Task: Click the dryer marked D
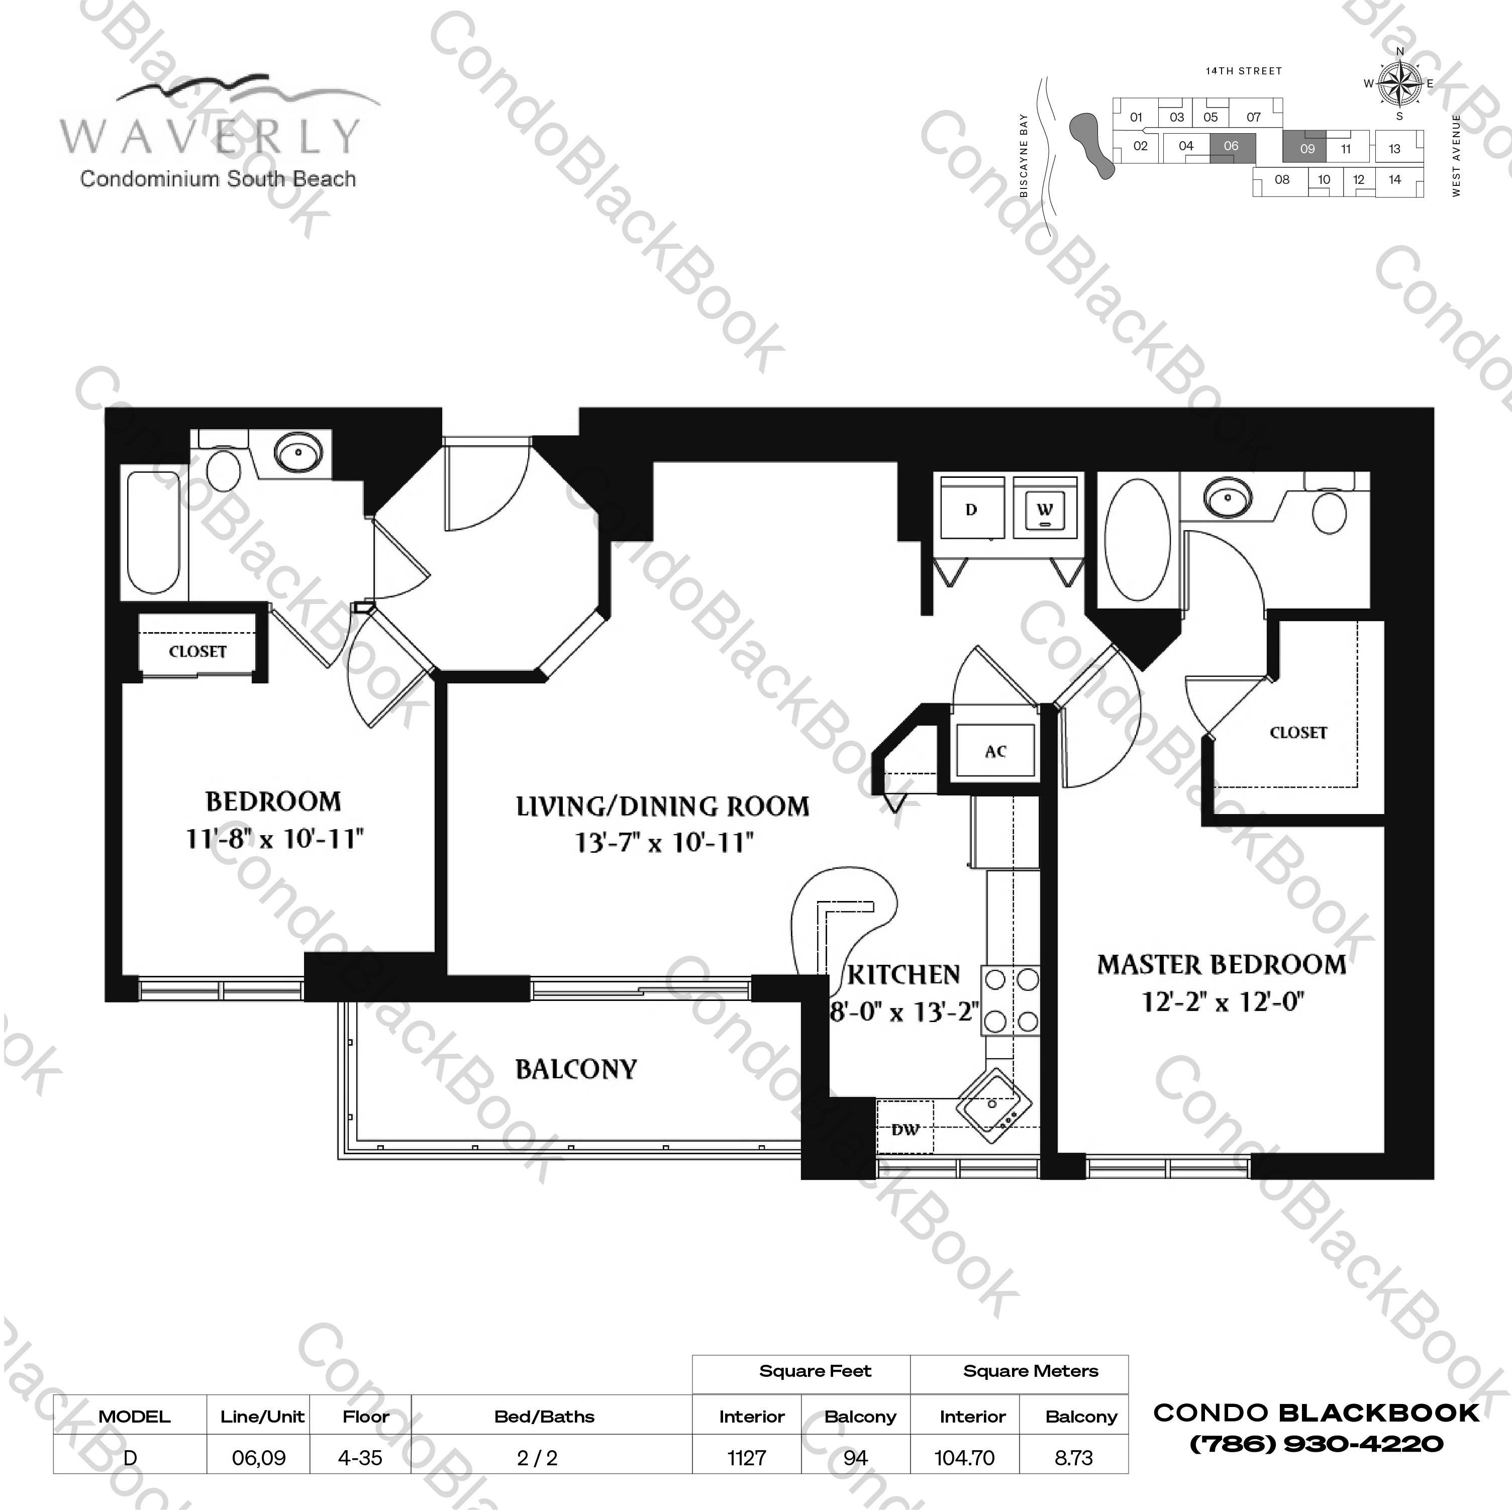[x=971, y=510]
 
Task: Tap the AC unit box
[x=995, y=751]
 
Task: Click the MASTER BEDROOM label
[x=1221, y=964]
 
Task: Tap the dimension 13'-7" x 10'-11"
[x=664, y=843]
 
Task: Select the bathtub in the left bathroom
[x=154, y=532]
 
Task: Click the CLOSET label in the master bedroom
[x=1297, y=733]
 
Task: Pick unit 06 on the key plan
[x=1231, y=146]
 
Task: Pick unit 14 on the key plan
[x=1394, y=179]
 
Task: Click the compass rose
[x=1399, y=83]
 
